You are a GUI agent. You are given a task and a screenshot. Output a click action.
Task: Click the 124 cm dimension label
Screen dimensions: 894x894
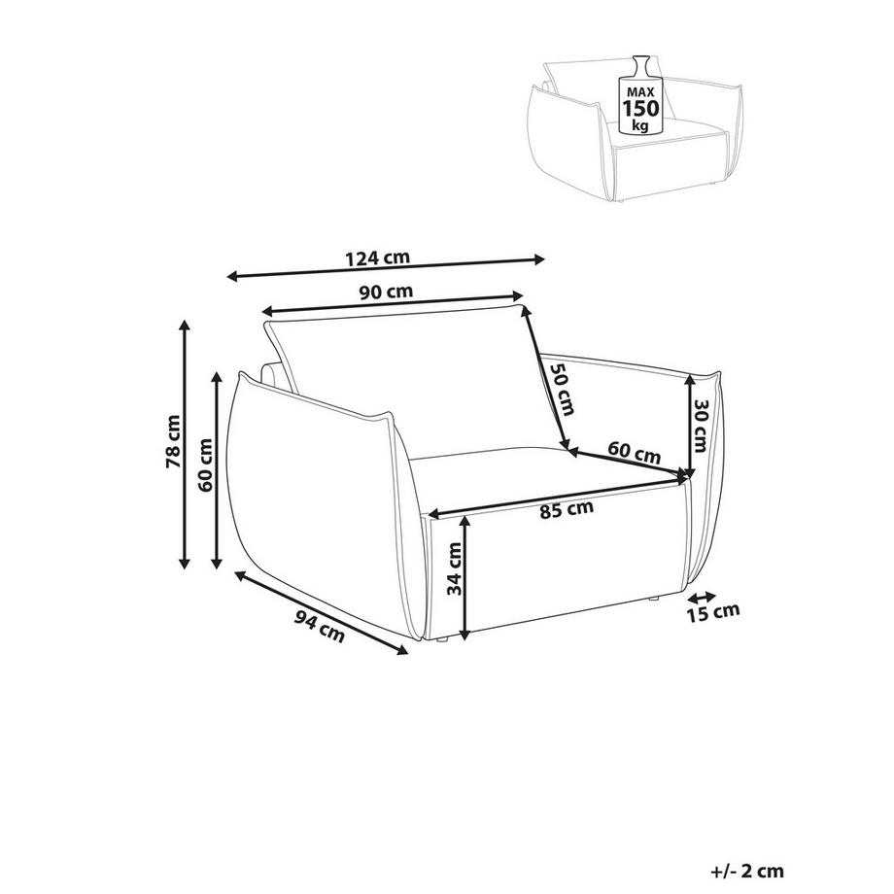click(377, 258)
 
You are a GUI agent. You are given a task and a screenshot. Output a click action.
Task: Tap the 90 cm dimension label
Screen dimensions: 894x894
click(386, 292)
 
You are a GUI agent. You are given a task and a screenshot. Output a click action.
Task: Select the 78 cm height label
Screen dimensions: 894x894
click(173, 442)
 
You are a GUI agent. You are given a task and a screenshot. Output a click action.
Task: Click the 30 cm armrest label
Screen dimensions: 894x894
click(701, 425)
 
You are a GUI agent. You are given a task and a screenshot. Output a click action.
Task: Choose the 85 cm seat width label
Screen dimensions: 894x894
click(567, 508)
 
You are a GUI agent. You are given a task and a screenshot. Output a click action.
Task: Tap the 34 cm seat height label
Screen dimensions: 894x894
click(455, 568)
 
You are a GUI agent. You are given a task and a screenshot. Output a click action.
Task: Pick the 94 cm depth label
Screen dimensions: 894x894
click(320, 626)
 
